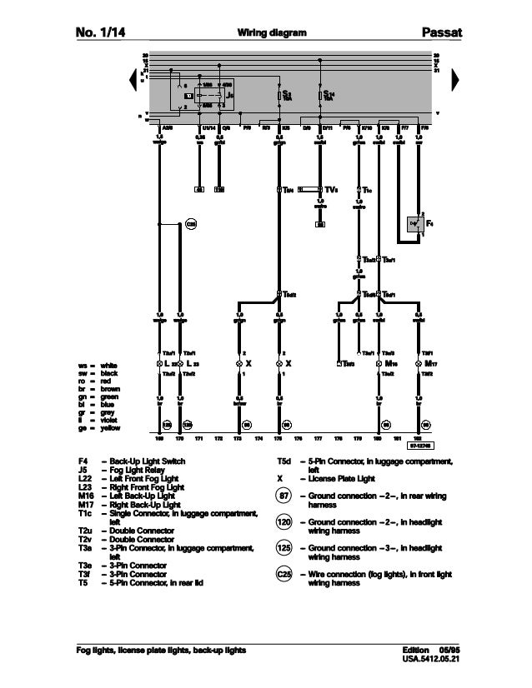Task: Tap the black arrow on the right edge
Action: tap(455, 79)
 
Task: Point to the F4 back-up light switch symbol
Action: tap(414, 223)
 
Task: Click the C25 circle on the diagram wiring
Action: tap(190, 223)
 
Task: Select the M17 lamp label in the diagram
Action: tap(429, 364)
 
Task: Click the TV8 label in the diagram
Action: tap(330, 189)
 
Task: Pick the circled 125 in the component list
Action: tap(285, 549)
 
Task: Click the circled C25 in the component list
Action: tap(285, 574)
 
